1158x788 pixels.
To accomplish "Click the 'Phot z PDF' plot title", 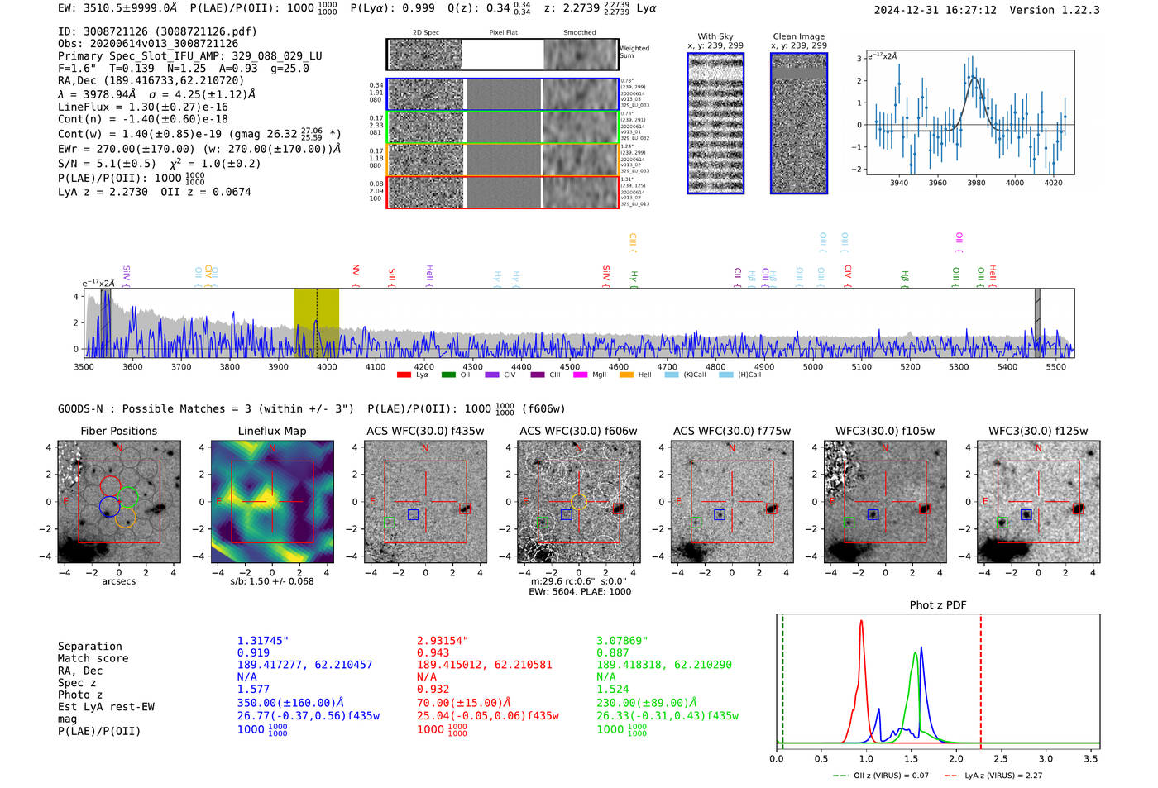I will (x=937, y=604).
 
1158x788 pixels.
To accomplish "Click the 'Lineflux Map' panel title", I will (x=271, y=431).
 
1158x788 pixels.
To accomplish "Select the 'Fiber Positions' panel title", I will (x=118, y=431).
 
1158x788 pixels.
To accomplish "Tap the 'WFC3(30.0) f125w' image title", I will (x=1038, y=431).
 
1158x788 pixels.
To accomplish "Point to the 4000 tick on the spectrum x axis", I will (x=327, y=366).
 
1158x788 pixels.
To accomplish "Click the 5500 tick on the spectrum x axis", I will (x=1056, y=366).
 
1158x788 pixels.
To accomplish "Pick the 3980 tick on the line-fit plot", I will (x=976, y=183).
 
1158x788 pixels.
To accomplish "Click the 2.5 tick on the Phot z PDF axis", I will (x=1001, y=758).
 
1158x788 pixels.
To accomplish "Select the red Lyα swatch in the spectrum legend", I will (x=404, y=375).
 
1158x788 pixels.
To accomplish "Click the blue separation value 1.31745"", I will (x=262, y=641).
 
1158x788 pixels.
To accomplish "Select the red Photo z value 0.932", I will (x=433, y=689).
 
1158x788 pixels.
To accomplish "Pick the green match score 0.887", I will (x=612, y=652).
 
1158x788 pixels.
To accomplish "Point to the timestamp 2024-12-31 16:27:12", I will (x=935, y=10).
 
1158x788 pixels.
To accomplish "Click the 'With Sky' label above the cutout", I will (x=715, y=36).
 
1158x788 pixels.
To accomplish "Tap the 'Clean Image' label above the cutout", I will (x=798, y=36).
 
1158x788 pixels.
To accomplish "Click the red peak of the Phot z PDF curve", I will (x=861, y=622).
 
